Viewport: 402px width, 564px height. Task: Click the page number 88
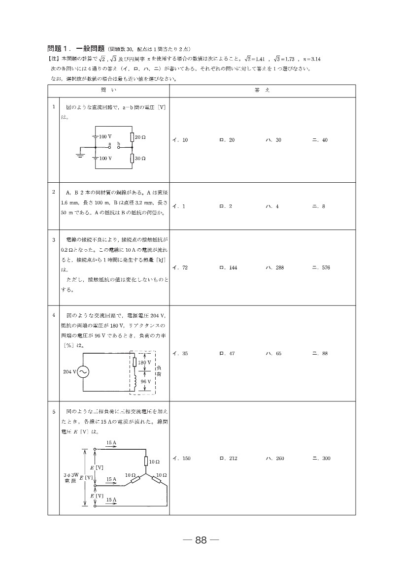[201, 540]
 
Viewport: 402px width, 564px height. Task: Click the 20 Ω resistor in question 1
[132, 136]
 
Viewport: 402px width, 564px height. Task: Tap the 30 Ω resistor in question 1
[132, 158]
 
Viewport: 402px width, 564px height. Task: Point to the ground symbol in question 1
[79, 155]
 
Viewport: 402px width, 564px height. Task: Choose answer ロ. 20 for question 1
[227, 140]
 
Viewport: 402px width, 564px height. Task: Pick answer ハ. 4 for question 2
[272, 206]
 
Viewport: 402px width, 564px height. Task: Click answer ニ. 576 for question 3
[321, 268]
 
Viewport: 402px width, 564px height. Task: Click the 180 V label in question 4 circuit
[144, 363]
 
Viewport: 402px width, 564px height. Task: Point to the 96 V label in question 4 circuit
[145, 381]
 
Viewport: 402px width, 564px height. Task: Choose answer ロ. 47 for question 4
[227, 354]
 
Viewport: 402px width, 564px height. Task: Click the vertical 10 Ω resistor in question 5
[146, 462]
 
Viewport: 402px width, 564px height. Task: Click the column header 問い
[108, 91]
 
